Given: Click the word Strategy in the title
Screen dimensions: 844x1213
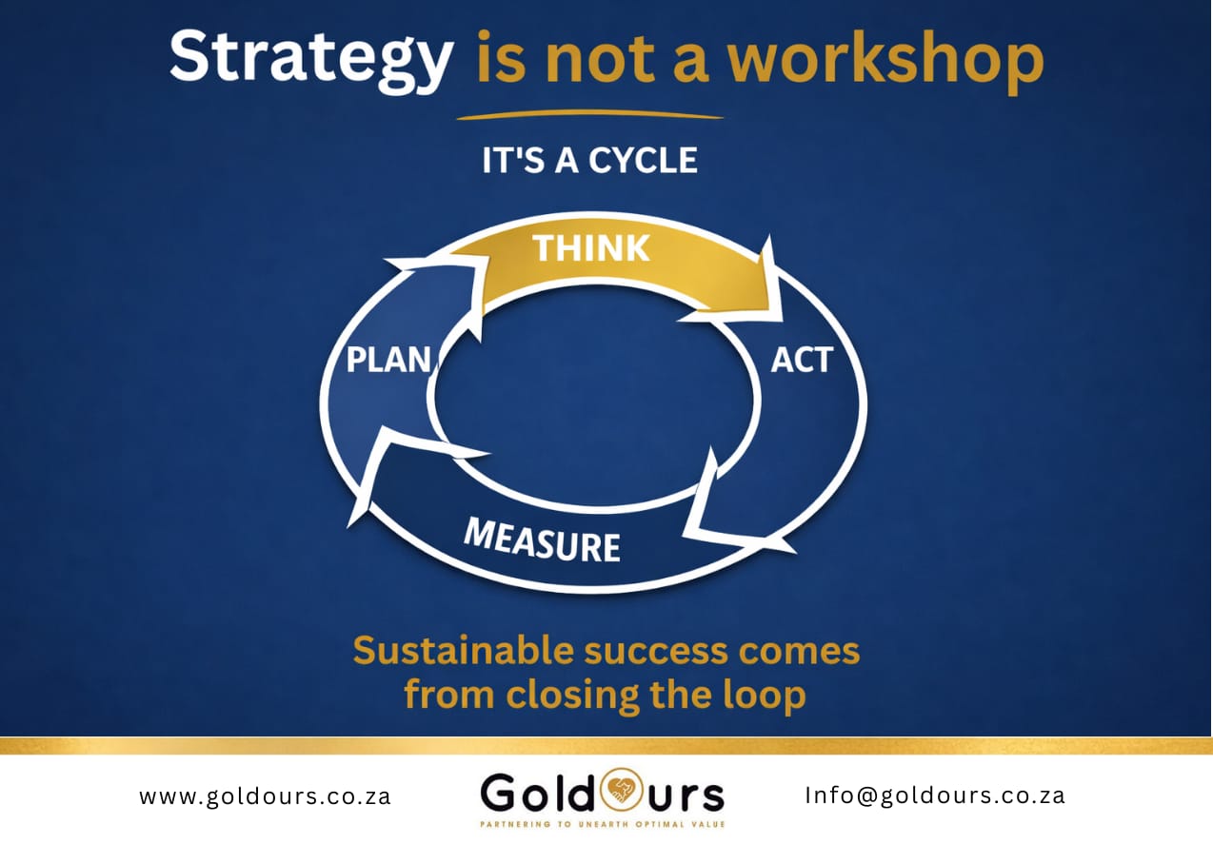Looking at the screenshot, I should (x=310, y=57).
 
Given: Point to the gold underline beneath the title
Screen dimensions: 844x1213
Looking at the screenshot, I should (x=589, y=115).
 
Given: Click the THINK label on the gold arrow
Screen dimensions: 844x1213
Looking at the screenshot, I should (x=591, y=248).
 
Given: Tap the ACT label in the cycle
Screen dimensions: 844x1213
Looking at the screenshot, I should (x=802, y=361).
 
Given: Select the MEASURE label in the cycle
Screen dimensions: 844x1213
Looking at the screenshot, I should (x=542, y=540).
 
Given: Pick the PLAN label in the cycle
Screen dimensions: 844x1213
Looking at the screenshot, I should (x=388, y=361).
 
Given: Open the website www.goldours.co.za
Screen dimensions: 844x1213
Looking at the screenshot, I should (x=265, y=795).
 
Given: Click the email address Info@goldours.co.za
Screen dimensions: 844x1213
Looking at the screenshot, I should (x=934, y=795).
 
